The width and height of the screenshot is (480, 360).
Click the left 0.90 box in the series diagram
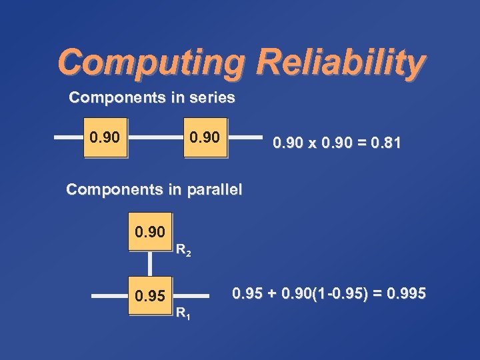[x=105, y=138]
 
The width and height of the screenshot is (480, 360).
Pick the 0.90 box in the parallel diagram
[x=150, y=232]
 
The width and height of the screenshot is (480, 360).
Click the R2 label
[x=184, y=252]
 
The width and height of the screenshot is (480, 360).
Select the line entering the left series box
[x=68, y=138]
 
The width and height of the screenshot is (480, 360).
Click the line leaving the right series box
[x=245, y=138]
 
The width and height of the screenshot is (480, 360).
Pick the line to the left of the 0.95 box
[x=109, y=295]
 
